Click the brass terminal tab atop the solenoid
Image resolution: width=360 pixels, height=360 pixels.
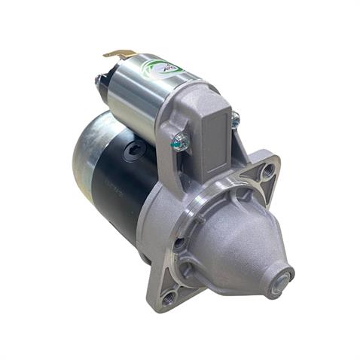click(x=120, y=54)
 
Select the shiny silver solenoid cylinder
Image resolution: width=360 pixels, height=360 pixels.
click(x=139, y=94)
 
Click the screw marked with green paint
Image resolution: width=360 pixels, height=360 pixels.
click(x=181, y=140)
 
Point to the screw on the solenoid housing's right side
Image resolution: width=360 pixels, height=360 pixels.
click(x=235, y=119)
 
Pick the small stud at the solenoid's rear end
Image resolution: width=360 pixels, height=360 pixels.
click(x=98, y=80)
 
